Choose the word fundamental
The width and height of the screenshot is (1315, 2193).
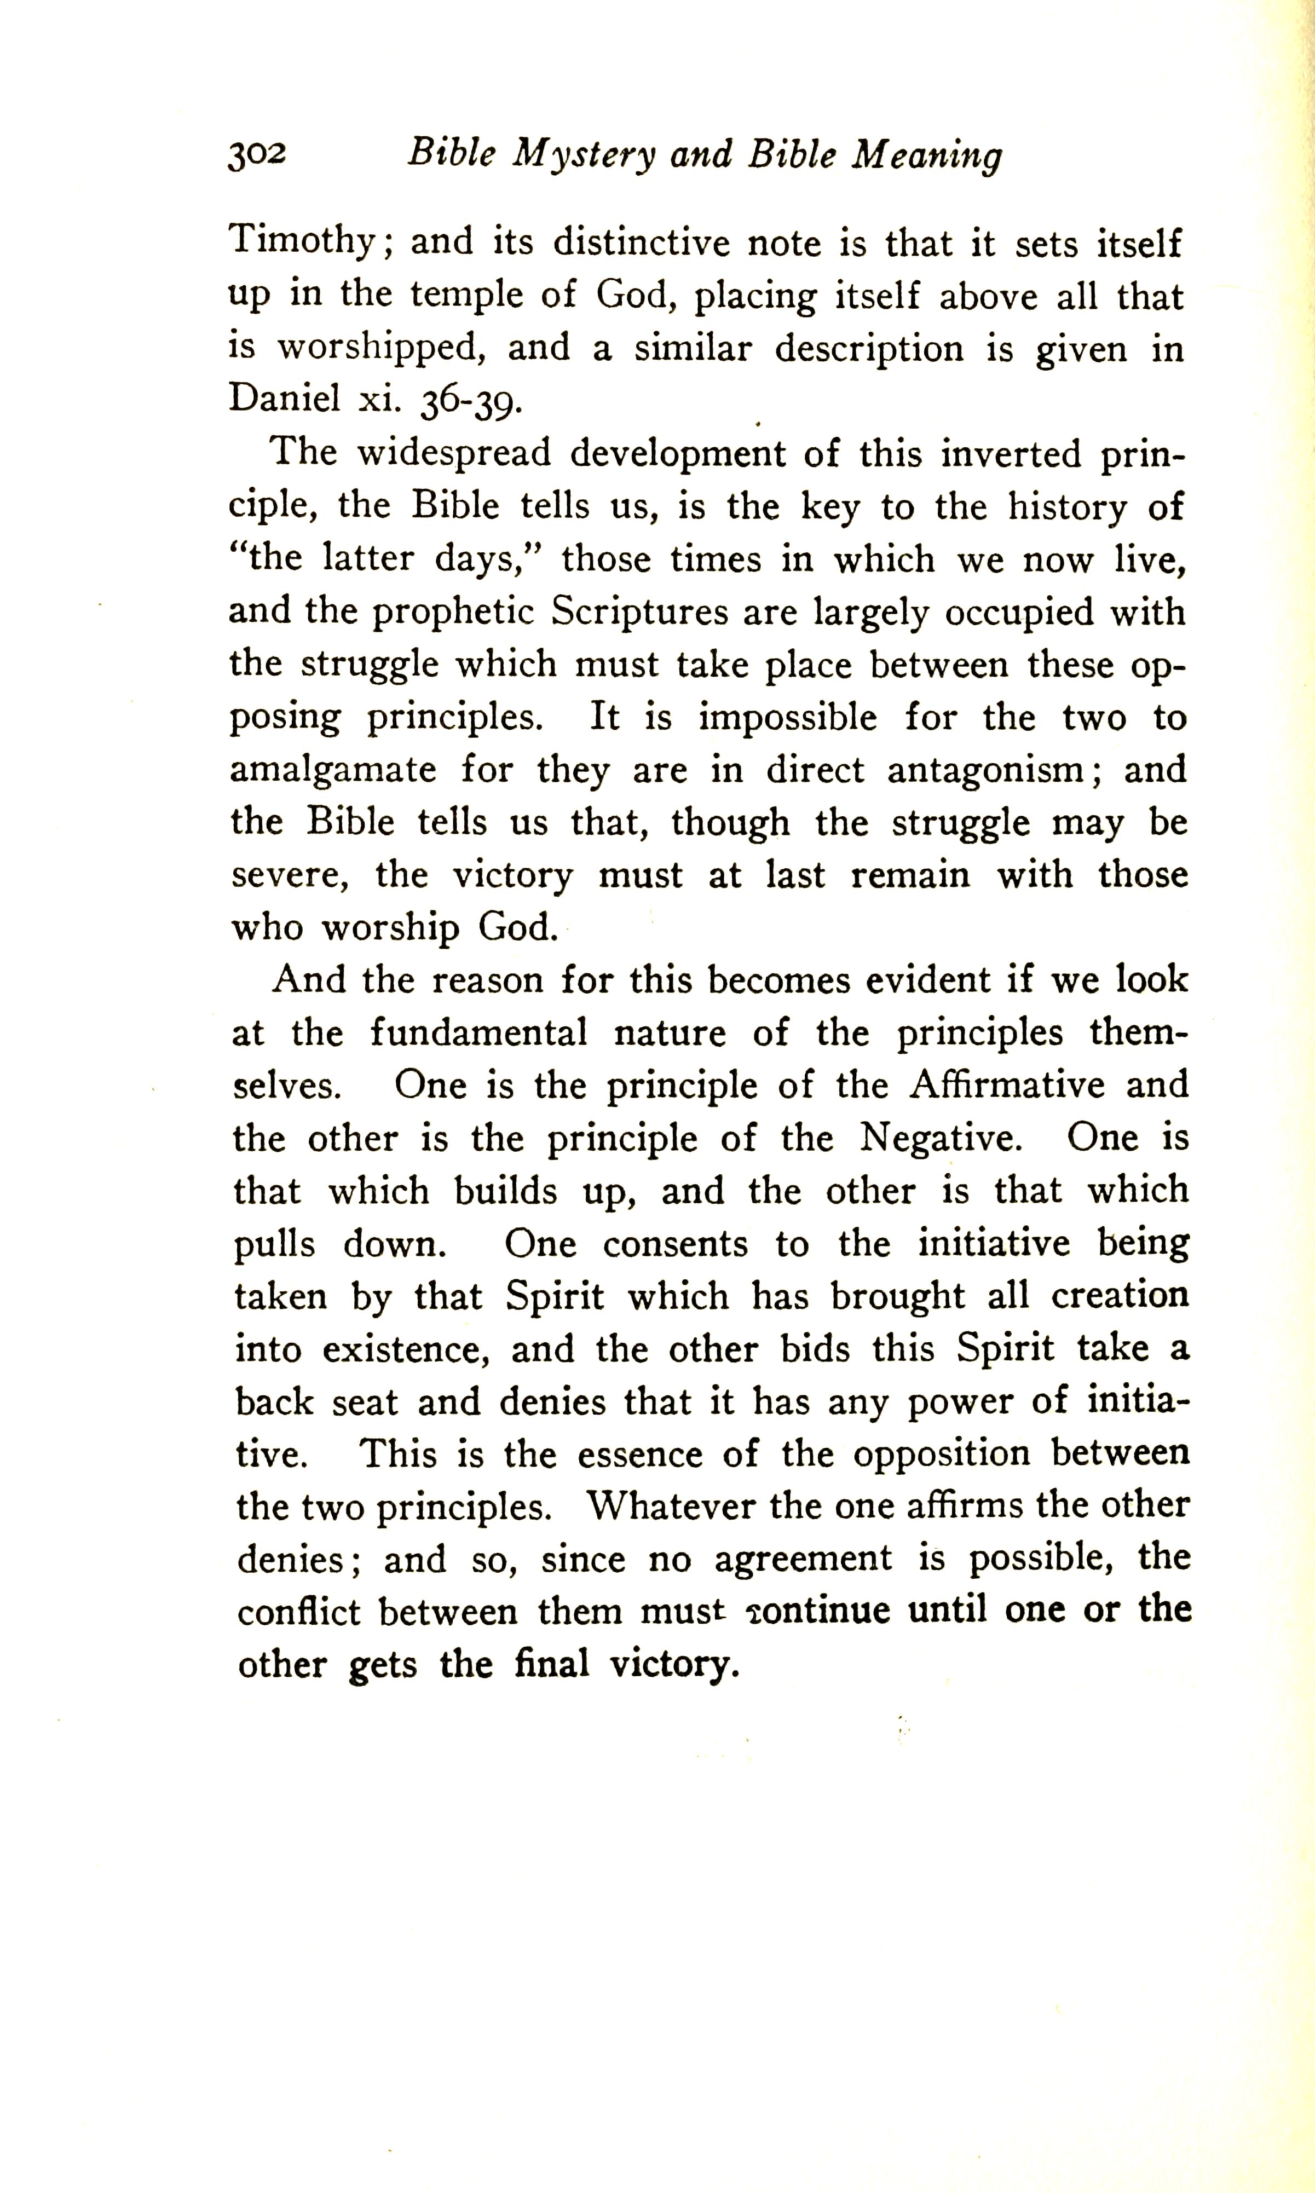tap(478, 1032)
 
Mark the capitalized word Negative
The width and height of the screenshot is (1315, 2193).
tap(941, 1138)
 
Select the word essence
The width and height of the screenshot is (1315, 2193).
tap(638, 1454)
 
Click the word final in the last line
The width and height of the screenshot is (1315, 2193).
tap(551, 1664)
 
